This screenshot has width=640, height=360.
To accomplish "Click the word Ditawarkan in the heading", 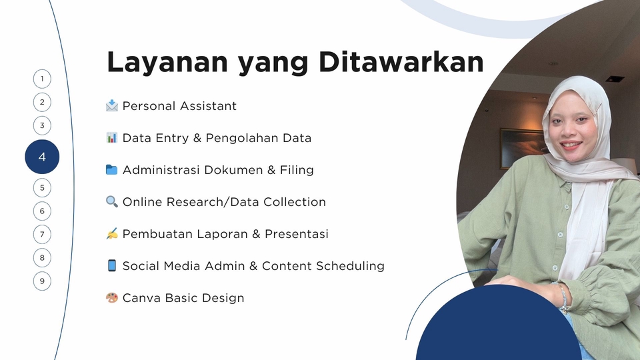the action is click(x=401, y=62).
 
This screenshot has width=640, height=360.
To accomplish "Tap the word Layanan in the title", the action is click(x=167, y=63).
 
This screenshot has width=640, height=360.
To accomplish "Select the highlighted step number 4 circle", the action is click(x=42, y=157).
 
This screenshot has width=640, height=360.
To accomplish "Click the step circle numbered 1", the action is click(x=42, y=79).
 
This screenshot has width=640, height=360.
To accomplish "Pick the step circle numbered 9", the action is click(x=42, y=281).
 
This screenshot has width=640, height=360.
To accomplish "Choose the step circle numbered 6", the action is click(x=42, y=211).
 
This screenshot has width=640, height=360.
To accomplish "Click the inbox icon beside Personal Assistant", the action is click(x=111, y=106).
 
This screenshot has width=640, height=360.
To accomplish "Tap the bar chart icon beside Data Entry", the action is click(x=111, y=137).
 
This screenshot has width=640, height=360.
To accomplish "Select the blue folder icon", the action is click(x=111, y=169).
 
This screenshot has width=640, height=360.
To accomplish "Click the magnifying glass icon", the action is click(x=111, y=201).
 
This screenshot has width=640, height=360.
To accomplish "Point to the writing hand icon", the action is click(x=111, y=233).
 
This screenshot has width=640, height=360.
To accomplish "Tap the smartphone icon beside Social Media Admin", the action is click(x=111, y=265).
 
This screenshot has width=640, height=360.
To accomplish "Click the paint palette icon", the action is click(x=111, y=297).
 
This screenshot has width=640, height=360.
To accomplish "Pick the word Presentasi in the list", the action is click(x=297, y=234).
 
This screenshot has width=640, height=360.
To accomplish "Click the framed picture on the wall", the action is click(x=522, y=147).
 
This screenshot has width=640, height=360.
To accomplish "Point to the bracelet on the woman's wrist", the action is click(x=563, y=297).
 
